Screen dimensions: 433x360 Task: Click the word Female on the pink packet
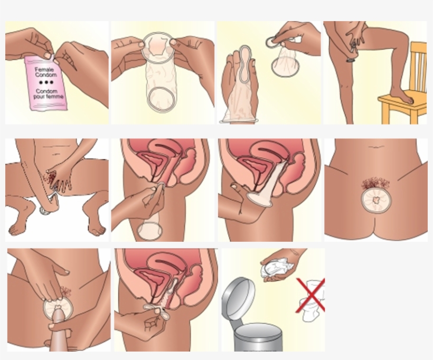point(44,70)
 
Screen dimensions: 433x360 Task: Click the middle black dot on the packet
point(46,82)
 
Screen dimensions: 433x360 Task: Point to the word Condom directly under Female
point(46,75)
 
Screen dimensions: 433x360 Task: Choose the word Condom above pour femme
point(46,91)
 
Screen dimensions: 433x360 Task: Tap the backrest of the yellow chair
point(418,67)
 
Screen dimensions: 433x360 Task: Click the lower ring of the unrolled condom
point(162,100)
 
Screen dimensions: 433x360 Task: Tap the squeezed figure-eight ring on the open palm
point(246,64)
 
